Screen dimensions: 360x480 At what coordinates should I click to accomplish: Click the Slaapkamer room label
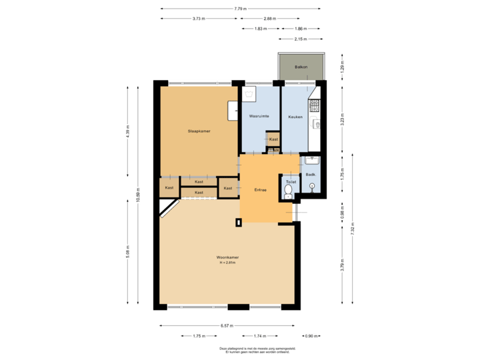pyautogui.click(x=199, y=131)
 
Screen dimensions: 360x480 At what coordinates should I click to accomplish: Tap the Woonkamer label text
pyautogui.click(x=227, y=257)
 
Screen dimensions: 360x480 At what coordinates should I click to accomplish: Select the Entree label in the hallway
pyautogui.click(x=260, y=190)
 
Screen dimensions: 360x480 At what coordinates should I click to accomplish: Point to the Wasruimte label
pyautogui.click(x=259, y=117)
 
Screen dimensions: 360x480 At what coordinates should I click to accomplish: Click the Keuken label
pyautogui.click(x=295, y=117)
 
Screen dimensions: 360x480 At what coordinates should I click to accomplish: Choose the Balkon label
pyautogui.click(x=301, y=67)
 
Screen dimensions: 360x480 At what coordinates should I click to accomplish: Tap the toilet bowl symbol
pyautogui.click(x=288, y=192)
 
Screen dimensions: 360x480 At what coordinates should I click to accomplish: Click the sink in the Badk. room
pyautogui.click(x=312, y=160)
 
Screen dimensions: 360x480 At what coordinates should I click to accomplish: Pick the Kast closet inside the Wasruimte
pyautogui.click(x=273, y=139)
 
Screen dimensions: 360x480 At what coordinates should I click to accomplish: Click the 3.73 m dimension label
pyautogui.click(x=198, y=19)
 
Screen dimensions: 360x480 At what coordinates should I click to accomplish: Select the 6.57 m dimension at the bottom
pyautogui.click(x=227, y=326)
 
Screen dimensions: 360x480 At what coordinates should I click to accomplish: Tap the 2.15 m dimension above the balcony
pyautogui.click(x=301, y=39)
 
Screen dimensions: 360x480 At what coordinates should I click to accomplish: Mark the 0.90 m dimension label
pyautogui.click(x=311, y=336)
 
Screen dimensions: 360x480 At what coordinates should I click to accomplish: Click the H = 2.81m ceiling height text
pyautogui.click(x=227, y=263)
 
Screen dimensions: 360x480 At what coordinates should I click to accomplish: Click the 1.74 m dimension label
pyautogui.click(x=260, y=336)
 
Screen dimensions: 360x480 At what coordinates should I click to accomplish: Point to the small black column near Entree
pyautogui.click(x=238, y=223)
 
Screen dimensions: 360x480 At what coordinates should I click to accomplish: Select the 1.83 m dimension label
pyautogui.click(x=261, y=29)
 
